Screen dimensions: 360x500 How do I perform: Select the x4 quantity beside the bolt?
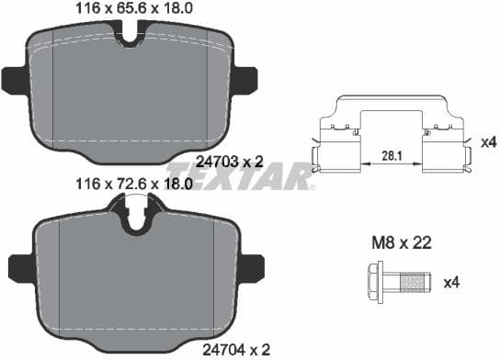tap(450, 283)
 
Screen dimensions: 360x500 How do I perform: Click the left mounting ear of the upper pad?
tap(16, 80)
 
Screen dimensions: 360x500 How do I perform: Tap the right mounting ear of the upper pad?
tap(245, 80)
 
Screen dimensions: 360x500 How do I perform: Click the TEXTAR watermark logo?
tap(241, 174)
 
